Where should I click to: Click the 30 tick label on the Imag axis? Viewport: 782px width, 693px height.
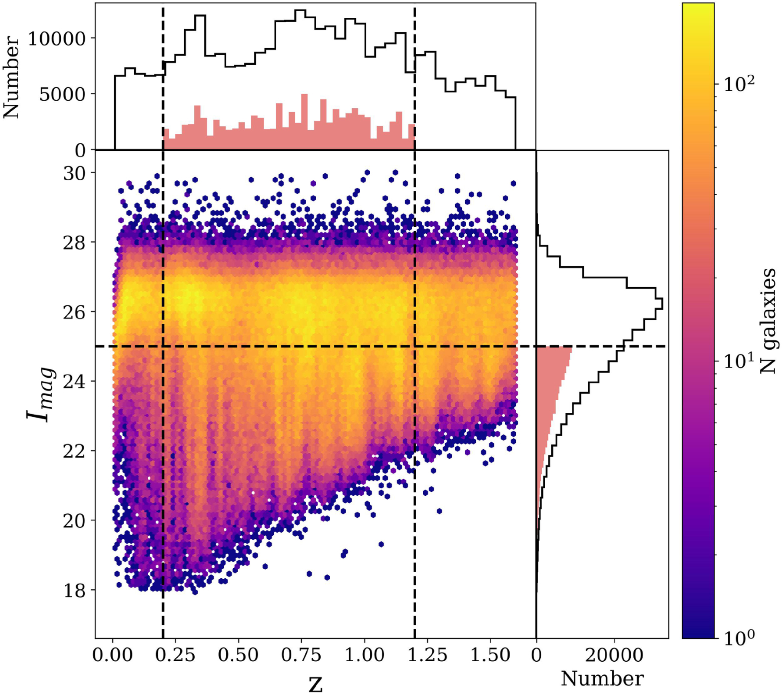(x=75, y=173)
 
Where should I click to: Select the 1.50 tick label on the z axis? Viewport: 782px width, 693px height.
(x=490, y=655)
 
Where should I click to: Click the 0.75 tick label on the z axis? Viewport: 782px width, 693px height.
(x=301, y=655)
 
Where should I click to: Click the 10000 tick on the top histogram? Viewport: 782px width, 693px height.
(x=56, y=39)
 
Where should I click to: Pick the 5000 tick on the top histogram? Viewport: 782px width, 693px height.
(x=62, y=94)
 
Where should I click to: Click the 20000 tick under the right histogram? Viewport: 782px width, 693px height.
(x=614, y=655)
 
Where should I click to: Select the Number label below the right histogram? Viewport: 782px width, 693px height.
(x=602, y=679)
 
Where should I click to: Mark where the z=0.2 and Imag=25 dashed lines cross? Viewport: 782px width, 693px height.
(x=163, y=346)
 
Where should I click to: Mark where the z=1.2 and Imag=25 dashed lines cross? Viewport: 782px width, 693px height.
(x=415, y=346)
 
